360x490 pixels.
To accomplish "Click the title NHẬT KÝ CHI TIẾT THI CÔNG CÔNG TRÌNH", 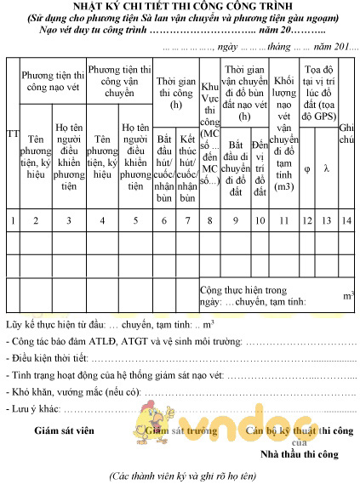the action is [180, 7].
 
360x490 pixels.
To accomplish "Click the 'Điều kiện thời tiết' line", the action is [179, 356].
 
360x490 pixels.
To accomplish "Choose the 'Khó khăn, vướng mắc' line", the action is [179, 389].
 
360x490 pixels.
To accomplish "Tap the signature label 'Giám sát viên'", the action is [63, 430].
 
